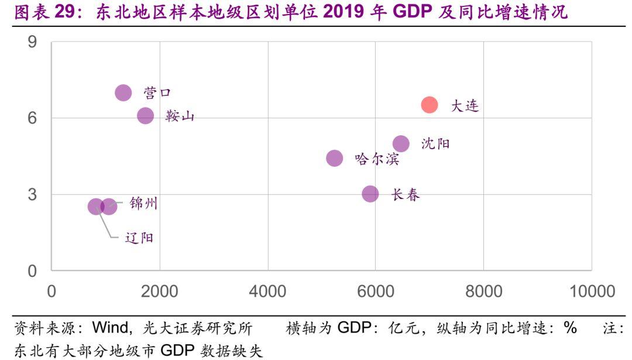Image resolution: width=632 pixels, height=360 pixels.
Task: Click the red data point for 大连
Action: click(429, 105)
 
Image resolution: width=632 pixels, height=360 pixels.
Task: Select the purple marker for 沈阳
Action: click(401, 143)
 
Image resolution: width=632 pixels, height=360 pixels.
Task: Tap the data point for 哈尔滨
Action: click(334, 158)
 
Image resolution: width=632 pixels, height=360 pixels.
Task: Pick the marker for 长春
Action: click(370, 194)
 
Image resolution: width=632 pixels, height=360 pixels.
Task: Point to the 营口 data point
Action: click(123, 92)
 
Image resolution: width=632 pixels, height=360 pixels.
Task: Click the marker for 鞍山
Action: click(145, 116)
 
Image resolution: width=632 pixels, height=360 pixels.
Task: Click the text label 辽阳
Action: click(139, 238)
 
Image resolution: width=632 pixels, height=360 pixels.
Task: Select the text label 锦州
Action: click(143, 204)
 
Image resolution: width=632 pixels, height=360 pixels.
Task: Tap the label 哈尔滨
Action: click(377, 159)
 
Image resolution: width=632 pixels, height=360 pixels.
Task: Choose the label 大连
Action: click(465, 106)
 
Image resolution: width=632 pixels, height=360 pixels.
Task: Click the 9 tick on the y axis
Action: click(32, 42)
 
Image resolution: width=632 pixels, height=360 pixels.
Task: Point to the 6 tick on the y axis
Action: click(32, 118)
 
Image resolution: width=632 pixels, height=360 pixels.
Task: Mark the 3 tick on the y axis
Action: click(32, 194)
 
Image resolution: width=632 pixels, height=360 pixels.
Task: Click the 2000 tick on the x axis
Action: click(159, 291)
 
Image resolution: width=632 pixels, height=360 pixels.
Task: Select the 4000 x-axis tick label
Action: click(267, 291)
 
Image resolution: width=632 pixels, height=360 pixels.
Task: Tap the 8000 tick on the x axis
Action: click(483, 291)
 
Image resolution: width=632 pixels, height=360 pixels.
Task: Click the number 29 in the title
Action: click(65, 12)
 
